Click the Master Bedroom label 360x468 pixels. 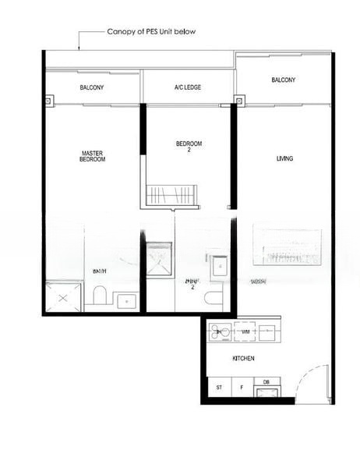click(x=92, y=156)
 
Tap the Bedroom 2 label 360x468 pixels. click(x=189, y=146)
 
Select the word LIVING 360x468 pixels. click(x=284, y=158)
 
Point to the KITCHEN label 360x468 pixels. click(x=244, y=359)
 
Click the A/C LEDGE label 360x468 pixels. click(x=188, y=87)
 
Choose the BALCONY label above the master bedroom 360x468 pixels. click(x=91, y=87)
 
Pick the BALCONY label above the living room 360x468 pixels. click(x=283, y=80)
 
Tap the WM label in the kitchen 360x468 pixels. click(x=245, y=332)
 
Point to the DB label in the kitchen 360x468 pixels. click(x=266, y=381)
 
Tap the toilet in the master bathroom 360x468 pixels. click(x=99, y=295)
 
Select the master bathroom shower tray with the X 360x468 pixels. click(x=63, y=297)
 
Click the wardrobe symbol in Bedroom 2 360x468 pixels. click(x=172, y=194)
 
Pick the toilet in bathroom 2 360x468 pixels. click(x=214, y=297)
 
